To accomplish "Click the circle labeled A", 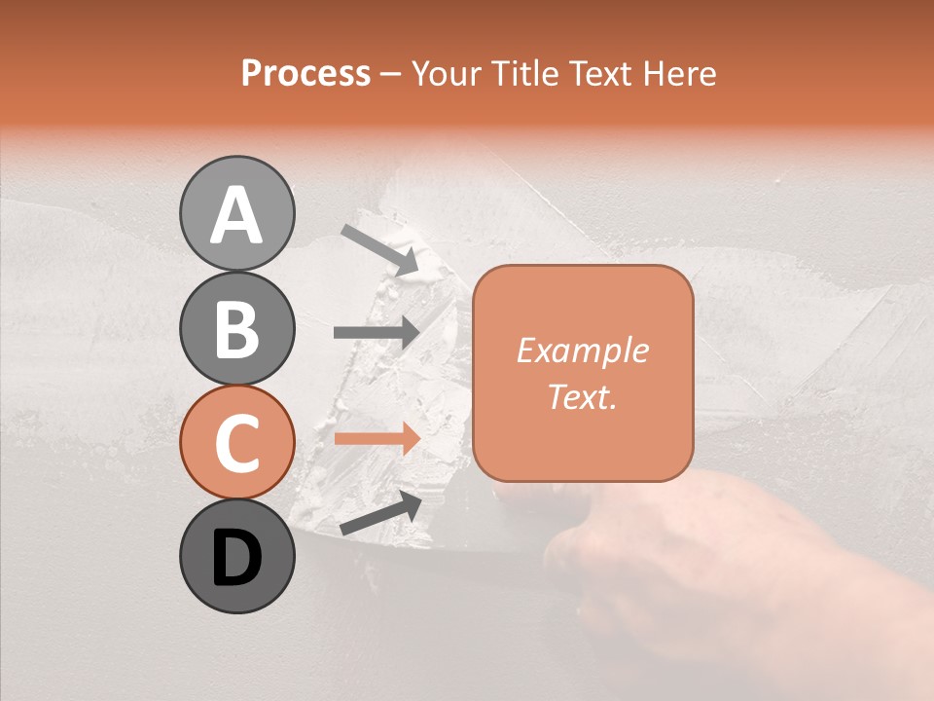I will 236,213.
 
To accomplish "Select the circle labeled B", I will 236,328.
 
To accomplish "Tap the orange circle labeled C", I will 236,442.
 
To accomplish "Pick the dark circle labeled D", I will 236,557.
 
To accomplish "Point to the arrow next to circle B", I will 376,332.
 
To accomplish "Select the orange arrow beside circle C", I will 376,438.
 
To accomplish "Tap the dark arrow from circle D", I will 380,514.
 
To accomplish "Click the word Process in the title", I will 305,73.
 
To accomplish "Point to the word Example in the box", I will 582,350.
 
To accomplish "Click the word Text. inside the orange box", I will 582,396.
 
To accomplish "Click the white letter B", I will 236,328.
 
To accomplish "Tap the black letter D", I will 236,558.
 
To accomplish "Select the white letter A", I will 236,214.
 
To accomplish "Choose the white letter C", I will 236,443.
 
